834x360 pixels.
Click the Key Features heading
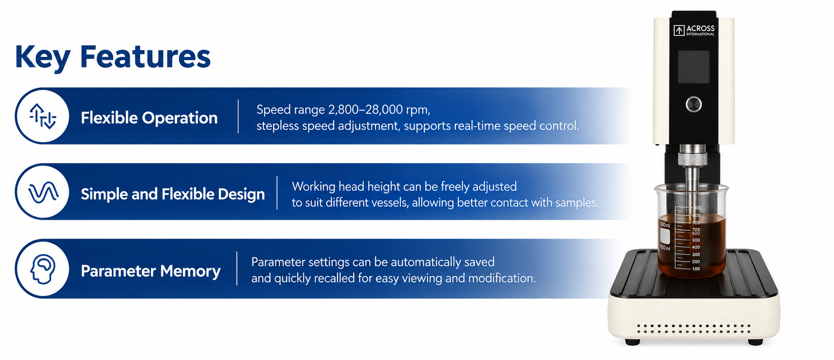tap(113, 57)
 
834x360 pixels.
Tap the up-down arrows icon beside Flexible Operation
tap(42, 116)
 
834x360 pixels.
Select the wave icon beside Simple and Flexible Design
tap(43, 192)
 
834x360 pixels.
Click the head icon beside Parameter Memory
tap(43, 269)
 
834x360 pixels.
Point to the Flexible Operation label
tap(149, 118)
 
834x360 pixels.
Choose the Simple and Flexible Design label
tap(173, 194)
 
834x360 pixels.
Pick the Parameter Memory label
tap(150, 271)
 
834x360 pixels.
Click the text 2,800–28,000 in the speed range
tap(365, 110)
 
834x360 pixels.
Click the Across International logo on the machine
tap(694, 30)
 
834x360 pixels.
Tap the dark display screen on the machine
tap(693, 66)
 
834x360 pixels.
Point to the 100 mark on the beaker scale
tap(696, 269)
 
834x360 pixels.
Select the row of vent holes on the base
tap(694, 329)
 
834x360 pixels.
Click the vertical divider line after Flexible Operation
tap(238, 116)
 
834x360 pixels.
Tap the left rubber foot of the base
tap(632, 342)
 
